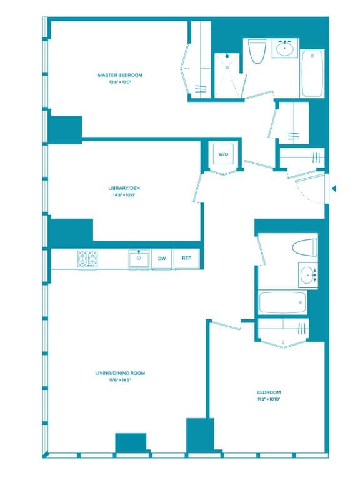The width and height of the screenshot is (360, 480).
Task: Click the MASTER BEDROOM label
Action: click(x=120, y=75)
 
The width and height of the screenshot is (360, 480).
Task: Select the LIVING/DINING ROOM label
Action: click(x=120, y=373)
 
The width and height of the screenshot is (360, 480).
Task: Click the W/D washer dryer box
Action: click(x=222, y=154)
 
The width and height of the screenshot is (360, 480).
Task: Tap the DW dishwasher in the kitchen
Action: click(x=162, y=259)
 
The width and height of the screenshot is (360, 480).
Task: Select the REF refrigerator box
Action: click(x=186, y=259)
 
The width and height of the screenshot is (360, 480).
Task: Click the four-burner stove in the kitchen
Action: click(x=87, y=259)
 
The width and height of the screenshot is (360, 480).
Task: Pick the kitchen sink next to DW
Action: click(x=139, y=258)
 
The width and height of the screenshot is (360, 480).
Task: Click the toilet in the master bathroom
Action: click(x=257, y=51)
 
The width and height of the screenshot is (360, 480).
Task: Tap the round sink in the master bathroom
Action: click(x=285, y=48)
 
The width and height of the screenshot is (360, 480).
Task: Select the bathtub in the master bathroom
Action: click(x=312, y=73)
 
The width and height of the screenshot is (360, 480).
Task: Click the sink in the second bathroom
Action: click(x=307, y=274)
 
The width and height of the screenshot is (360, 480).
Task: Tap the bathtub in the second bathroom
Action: click(x=282, y=303)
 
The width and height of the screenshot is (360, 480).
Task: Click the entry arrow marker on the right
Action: click(x=334, y=188)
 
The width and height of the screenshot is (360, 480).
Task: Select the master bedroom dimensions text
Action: click(x=120, y=82)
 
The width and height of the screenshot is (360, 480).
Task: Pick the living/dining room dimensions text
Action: click(x=120, y=381)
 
